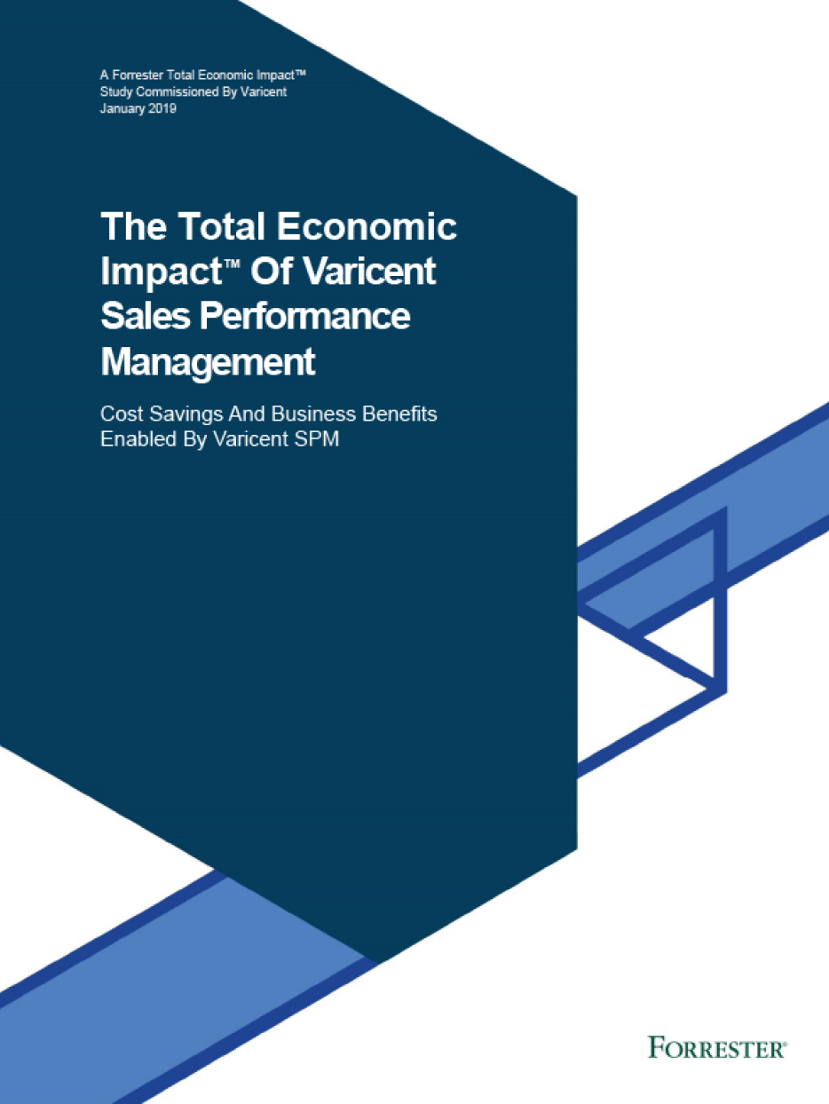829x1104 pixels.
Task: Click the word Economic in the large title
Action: tap(367, 225)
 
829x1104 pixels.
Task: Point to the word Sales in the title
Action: tap(146, 316)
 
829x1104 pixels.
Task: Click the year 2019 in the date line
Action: tap(162, 108)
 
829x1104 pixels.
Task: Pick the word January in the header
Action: tap(122, 109)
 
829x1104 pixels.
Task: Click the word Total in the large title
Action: tap(222, 225)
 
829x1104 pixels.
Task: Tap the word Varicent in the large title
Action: tap(370, 271)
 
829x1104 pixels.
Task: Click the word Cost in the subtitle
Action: tap(122, 414)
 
